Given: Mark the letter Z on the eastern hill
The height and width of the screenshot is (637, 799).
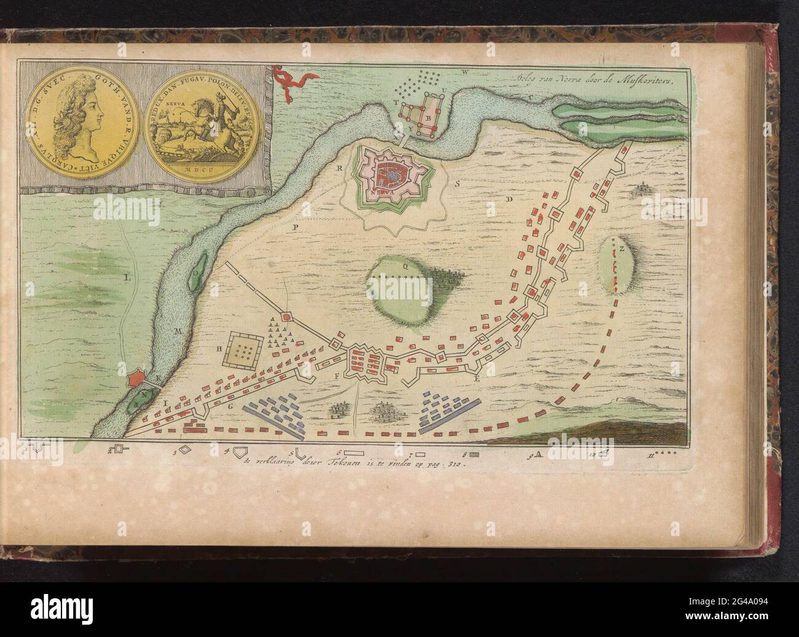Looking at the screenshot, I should (x=622, y=250).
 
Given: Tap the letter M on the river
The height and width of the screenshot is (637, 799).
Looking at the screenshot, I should (x=179, y=332).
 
